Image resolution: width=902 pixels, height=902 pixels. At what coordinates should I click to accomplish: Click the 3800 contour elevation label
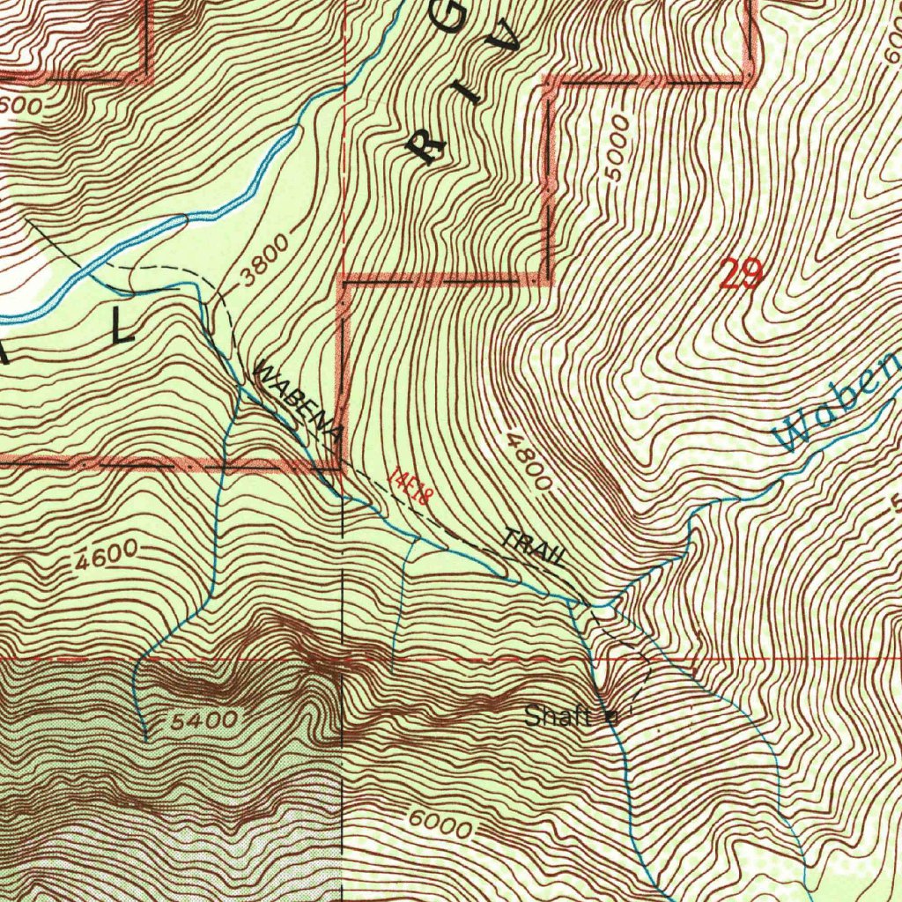(x=262, y=263)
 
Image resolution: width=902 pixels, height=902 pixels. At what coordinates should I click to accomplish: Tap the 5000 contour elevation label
(x=619, y=148)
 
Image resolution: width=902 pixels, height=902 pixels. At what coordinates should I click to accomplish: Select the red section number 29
(x=740, y=275)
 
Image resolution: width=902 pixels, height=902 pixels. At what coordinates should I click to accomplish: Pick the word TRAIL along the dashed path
(x=534, y=548)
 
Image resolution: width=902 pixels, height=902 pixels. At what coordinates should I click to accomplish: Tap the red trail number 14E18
(x=408, y=485)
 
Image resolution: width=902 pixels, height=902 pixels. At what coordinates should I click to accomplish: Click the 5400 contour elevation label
(x=204, y=721)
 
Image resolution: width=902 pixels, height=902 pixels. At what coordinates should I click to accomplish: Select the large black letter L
(x=122, y=329)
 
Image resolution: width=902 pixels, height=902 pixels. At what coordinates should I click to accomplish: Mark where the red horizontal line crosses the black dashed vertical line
(x=343, y=659)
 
